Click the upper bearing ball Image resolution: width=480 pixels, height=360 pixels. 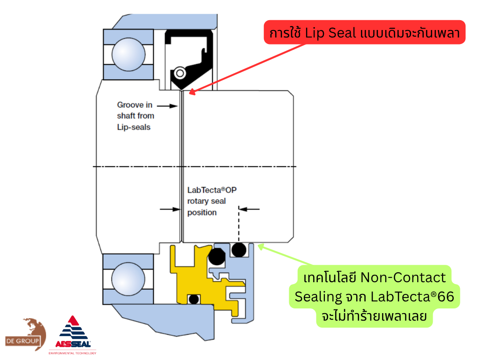[128, 54]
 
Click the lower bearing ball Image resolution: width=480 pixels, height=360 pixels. [128, 279]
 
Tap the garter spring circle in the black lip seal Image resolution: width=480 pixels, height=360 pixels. [180, 73]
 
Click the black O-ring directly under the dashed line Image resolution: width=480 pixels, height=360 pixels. [239, 249]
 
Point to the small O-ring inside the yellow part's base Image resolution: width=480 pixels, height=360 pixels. [194, 299]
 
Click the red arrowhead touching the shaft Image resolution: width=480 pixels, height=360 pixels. [192, 91]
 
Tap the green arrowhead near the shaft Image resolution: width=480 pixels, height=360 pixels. [261, 247]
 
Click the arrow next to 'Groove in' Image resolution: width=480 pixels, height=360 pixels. [167, 106]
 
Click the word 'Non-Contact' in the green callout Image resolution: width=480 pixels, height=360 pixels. [403, 277]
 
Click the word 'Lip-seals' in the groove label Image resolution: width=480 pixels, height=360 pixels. [134, 127]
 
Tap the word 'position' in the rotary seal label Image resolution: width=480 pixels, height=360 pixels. [202, 212]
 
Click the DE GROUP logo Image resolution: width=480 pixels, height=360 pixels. [26, 334]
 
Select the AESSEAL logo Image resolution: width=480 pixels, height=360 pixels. [73, 335]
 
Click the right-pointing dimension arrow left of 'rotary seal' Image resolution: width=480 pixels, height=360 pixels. [170, 209]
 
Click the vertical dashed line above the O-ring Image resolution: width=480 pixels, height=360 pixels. [239, 224]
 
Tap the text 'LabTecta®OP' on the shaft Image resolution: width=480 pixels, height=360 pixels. [212, 190]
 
